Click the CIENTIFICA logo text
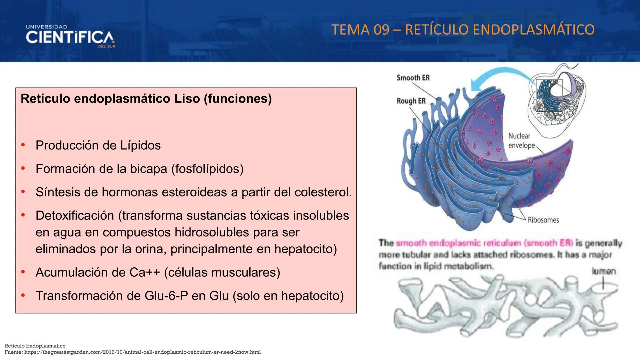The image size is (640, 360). tap(70, 37)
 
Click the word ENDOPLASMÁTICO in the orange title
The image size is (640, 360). tap(533, 30)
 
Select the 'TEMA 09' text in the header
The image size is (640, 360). tap(360, 30)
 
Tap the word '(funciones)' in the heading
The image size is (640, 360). tap(238, 99)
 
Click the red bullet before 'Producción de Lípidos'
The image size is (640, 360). tap(23, 145)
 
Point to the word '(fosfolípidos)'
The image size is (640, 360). tap(207, 169)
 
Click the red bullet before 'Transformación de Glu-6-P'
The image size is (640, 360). tap(23, 295)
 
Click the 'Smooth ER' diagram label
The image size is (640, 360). tap(413, 78)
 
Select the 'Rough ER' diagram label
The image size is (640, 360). tap(411, 101)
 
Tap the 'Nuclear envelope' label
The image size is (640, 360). tap(521, 141)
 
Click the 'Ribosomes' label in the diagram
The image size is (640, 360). tap(543, 220)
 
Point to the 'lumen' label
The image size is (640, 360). tap(604, 271)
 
